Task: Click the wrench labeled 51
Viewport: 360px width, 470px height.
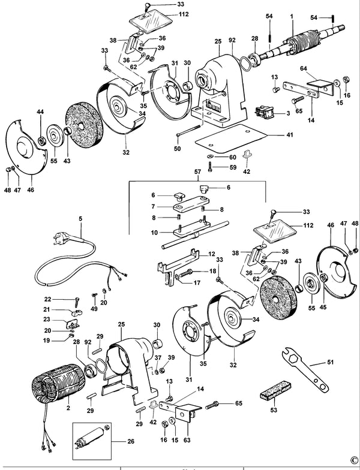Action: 305,369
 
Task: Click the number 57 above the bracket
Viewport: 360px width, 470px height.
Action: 197,171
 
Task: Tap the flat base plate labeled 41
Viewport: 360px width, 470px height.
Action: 232,137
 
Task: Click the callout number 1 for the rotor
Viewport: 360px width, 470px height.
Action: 292,17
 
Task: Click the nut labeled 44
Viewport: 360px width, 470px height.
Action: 41,140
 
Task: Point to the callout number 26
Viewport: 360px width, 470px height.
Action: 131,441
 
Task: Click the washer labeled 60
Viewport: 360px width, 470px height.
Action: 210,156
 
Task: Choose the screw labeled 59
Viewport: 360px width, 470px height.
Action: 211,167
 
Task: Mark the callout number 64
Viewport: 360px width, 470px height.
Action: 304,68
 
